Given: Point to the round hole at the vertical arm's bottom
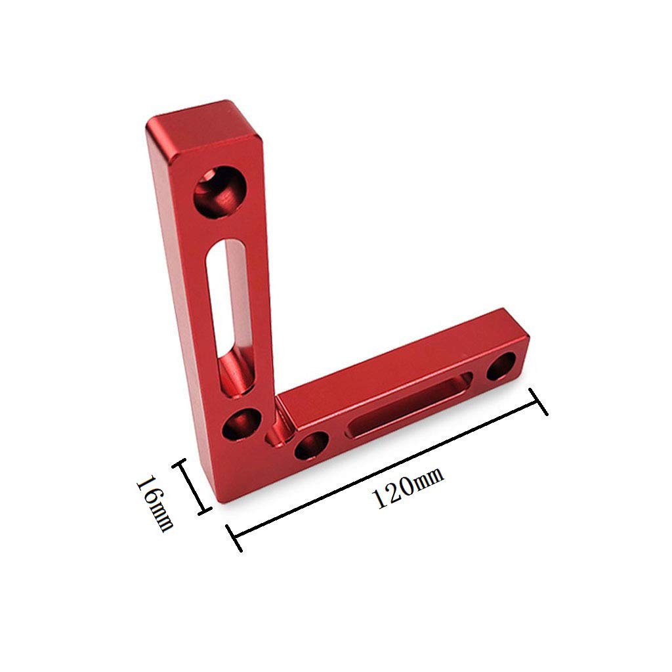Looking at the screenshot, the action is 239,425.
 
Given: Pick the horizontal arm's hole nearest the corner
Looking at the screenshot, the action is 311,446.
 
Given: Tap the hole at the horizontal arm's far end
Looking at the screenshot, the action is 502,366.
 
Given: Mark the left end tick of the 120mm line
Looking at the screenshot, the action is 234,537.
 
